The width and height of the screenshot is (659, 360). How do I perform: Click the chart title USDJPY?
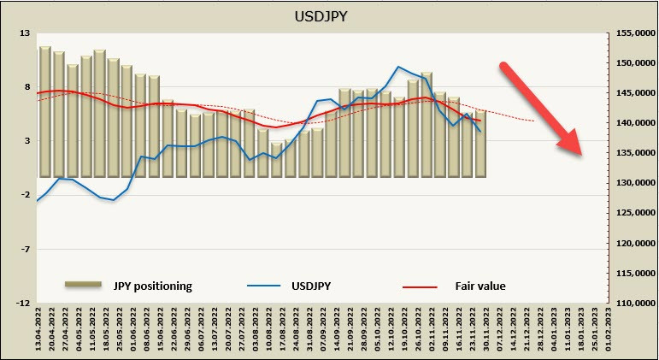tap(328, 15)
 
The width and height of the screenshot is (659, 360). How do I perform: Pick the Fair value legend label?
tap(480, 285)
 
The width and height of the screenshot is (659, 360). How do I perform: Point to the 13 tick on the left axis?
tap(24, 33)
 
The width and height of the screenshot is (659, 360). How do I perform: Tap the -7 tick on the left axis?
tap(24, 249)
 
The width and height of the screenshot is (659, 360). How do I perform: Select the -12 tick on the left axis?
tap(22, 303)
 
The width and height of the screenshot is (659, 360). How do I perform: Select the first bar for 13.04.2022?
tap(44, 111)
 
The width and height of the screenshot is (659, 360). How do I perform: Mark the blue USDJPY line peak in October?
tap(398, 67)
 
